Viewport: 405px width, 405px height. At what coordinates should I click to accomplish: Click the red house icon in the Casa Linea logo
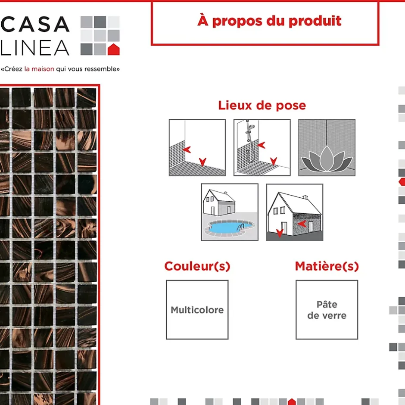tap(113, 50)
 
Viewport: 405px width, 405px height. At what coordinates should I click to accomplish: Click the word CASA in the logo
tap(35, 24)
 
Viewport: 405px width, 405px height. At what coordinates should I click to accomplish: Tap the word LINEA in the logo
tap(35, 48)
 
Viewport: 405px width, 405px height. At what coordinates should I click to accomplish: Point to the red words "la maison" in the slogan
tap(39, 69)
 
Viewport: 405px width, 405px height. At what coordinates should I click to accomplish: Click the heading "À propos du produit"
tap(269, 21)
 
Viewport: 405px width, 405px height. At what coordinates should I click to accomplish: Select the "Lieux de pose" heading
tap(262, 106)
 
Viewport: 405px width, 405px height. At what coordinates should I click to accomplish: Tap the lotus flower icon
tap(327, 159)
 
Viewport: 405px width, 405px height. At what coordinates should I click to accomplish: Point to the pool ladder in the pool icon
tap(240, 227)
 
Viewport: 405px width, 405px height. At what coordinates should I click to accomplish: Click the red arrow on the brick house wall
tap(302, 224)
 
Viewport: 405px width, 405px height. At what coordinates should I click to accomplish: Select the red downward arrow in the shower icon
tap(274, 161)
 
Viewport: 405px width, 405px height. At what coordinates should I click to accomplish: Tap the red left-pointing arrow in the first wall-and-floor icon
tap(187, 150)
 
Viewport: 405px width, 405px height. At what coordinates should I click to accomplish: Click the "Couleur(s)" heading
tap(197, 266)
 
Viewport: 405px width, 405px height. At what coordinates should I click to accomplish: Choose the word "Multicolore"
tap(197, 310)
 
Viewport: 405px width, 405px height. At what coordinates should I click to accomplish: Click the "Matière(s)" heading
tap(327, 266)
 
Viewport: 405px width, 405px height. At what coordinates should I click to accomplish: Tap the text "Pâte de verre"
tap(327, 310)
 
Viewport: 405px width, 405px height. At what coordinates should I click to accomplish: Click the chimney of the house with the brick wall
tap(305, 197)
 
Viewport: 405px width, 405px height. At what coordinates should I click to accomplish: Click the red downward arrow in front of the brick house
tap(280, 233)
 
